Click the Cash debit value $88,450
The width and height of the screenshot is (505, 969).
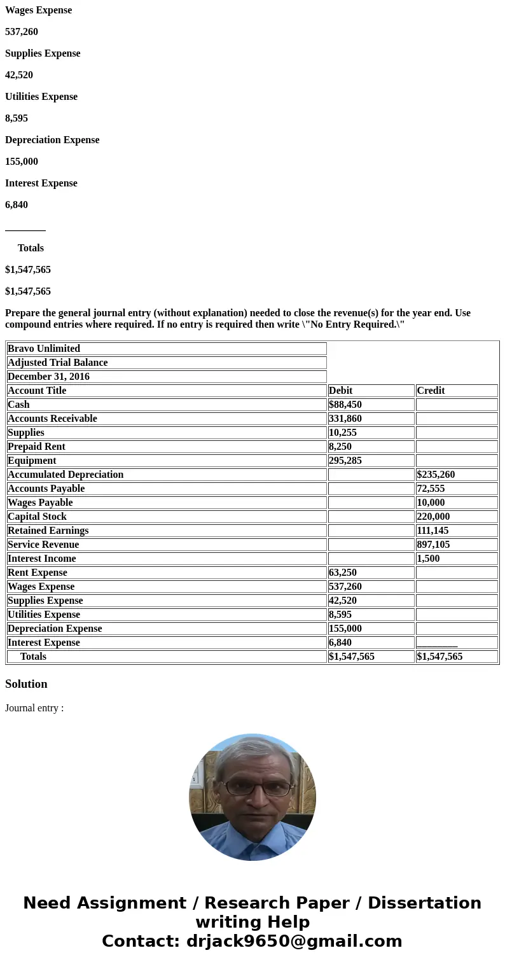click(x=345, y=405)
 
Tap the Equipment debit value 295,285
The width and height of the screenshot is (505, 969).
click(x=345, y=461)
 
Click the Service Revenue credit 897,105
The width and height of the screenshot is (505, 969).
click(x=433, y=545)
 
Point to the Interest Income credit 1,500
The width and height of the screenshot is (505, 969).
click(x=428, y=559)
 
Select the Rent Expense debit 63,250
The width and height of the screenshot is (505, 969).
click(x=343, y=573)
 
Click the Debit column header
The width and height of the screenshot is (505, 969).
click(x=341, y=391)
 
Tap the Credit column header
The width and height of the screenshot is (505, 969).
click(x=431, y=391)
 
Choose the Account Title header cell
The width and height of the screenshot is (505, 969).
click(x=37, y=391)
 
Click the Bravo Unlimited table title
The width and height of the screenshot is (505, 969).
click(x=44, y=349)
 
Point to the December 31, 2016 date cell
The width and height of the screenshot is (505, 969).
click(x=48, y=377)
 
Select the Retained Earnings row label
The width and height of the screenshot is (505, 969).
click(x=48, y=531)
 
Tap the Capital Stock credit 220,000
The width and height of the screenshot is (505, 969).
click(x=433, y=517)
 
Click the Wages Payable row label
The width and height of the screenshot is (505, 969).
click(x=40, y=503)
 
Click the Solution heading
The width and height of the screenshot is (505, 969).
click(x=26, y=684)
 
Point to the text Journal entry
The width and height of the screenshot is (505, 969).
click(x=34, y=708)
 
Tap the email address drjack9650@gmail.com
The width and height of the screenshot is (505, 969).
click(x=294, y=941)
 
